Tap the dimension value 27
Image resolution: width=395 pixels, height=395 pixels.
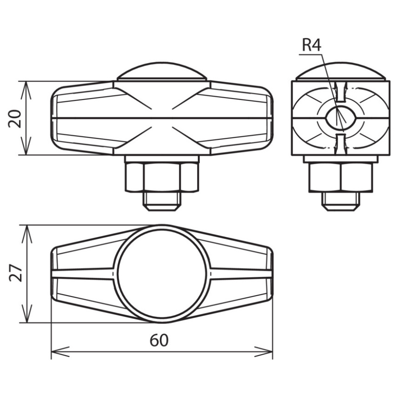click(16, 273)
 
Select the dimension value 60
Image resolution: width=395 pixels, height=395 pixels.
click(159, 341)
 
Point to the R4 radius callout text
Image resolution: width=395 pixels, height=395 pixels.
click(312, 46)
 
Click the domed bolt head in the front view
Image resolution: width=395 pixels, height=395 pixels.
click(163, 71)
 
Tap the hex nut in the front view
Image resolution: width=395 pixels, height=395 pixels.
click(162, 178)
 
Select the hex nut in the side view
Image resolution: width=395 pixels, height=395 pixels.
click(341, 178)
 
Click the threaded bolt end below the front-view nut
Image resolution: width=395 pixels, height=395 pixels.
click(162, 201)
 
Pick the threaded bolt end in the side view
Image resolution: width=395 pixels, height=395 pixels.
click(341, 201)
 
